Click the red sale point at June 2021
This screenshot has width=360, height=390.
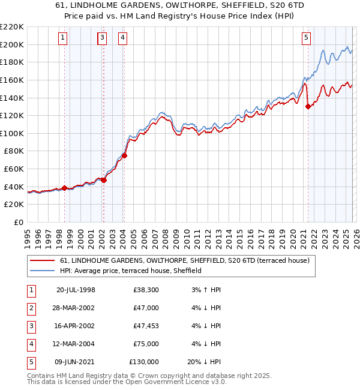point(308,107)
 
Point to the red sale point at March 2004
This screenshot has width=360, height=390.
point(124,155)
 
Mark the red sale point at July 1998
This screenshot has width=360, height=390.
point(64,188)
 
